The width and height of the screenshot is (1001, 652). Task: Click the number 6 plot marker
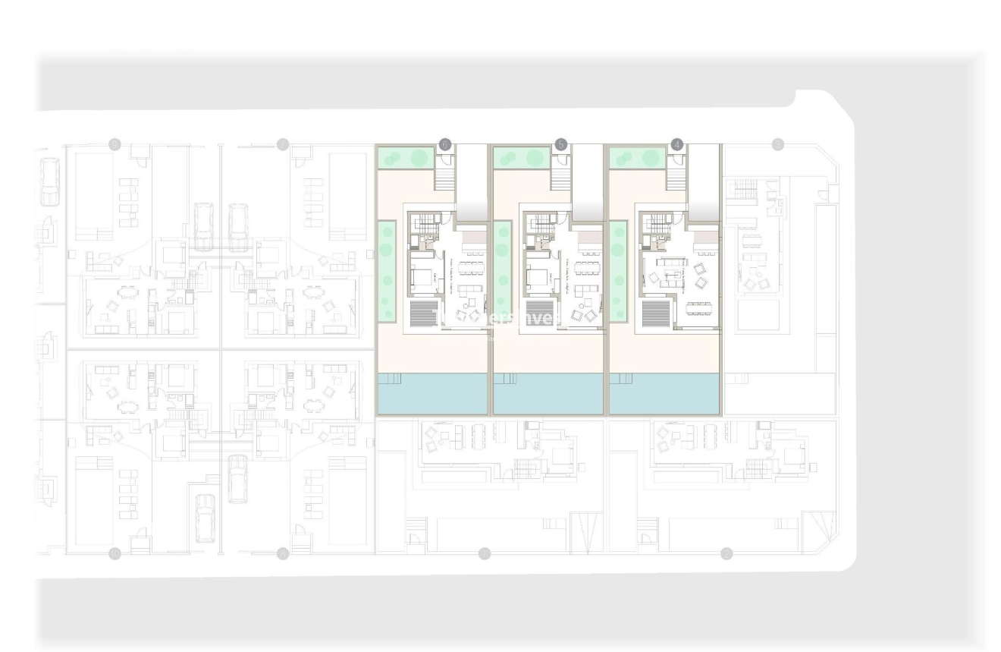point(445,143)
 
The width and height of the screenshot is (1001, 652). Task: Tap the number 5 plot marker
point(561,143)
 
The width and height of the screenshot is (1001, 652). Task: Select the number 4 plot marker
point(677,143)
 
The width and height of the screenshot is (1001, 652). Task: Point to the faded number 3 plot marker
point(777,143)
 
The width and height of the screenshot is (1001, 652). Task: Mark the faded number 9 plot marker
point(115,143)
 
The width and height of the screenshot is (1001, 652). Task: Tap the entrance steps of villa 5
point(561,179)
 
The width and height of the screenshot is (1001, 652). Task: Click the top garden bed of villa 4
point(636,158)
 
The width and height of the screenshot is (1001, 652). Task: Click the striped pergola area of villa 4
point(654,313)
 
